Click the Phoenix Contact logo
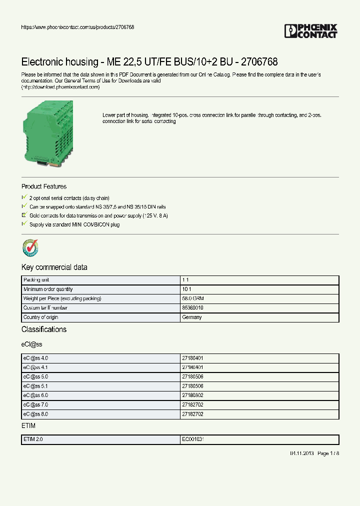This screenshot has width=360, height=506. click(311, 31)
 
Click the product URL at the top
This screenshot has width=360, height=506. click(77, 27)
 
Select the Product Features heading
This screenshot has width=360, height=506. click(44, 186)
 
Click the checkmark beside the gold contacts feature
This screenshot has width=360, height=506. click(24, 215)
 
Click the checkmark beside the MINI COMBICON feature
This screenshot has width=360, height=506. click(24, 224)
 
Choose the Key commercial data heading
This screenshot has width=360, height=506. click(54, 267)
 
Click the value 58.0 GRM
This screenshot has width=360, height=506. click(192, 298)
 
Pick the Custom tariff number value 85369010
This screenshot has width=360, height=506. click(192, 308)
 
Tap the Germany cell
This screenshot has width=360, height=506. click(192, 317)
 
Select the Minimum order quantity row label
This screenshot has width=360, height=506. click(48, 289)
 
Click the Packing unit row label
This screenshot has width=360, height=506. click(36, 280)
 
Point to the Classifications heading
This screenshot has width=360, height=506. click(44, 329)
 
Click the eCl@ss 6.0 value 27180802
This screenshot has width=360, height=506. click(192, 395)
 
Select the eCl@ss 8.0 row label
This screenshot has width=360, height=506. click(35, 414)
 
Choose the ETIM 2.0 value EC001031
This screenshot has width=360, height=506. click(193, 439)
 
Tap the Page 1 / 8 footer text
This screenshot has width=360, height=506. click(328, 453)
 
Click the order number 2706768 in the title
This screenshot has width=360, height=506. click(259, 62)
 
